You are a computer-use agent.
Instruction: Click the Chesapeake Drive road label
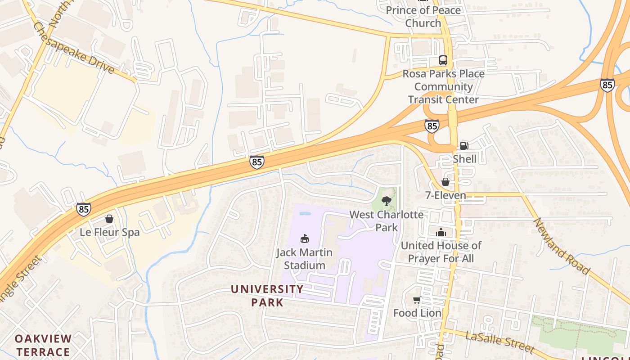[74, 48]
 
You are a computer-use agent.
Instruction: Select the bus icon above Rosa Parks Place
[443, 60]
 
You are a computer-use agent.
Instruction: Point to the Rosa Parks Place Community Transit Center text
[443, 87]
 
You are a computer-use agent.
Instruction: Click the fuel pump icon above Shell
[464, 146]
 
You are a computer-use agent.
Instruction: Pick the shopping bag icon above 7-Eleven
[445, 182]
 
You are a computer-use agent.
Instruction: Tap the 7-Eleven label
[445, 195]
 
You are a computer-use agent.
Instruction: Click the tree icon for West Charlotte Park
[386, 201]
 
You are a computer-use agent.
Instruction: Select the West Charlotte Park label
[387, 220]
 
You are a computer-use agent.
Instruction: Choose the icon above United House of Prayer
[441, 232]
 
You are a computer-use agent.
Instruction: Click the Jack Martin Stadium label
[304, 259]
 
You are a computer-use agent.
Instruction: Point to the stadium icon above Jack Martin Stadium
[305, 238]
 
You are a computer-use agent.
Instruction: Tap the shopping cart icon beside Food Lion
[417, 300]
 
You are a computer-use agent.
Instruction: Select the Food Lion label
[417, 313]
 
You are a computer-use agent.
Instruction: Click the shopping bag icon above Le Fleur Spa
[109, 219]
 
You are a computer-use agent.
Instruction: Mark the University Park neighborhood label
[267, 295]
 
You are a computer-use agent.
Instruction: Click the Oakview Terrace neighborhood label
[43, 345]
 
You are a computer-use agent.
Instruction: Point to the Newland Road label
[561, 246]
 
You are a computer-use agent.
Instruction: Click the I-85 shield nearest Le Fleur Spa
[84, 209]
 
